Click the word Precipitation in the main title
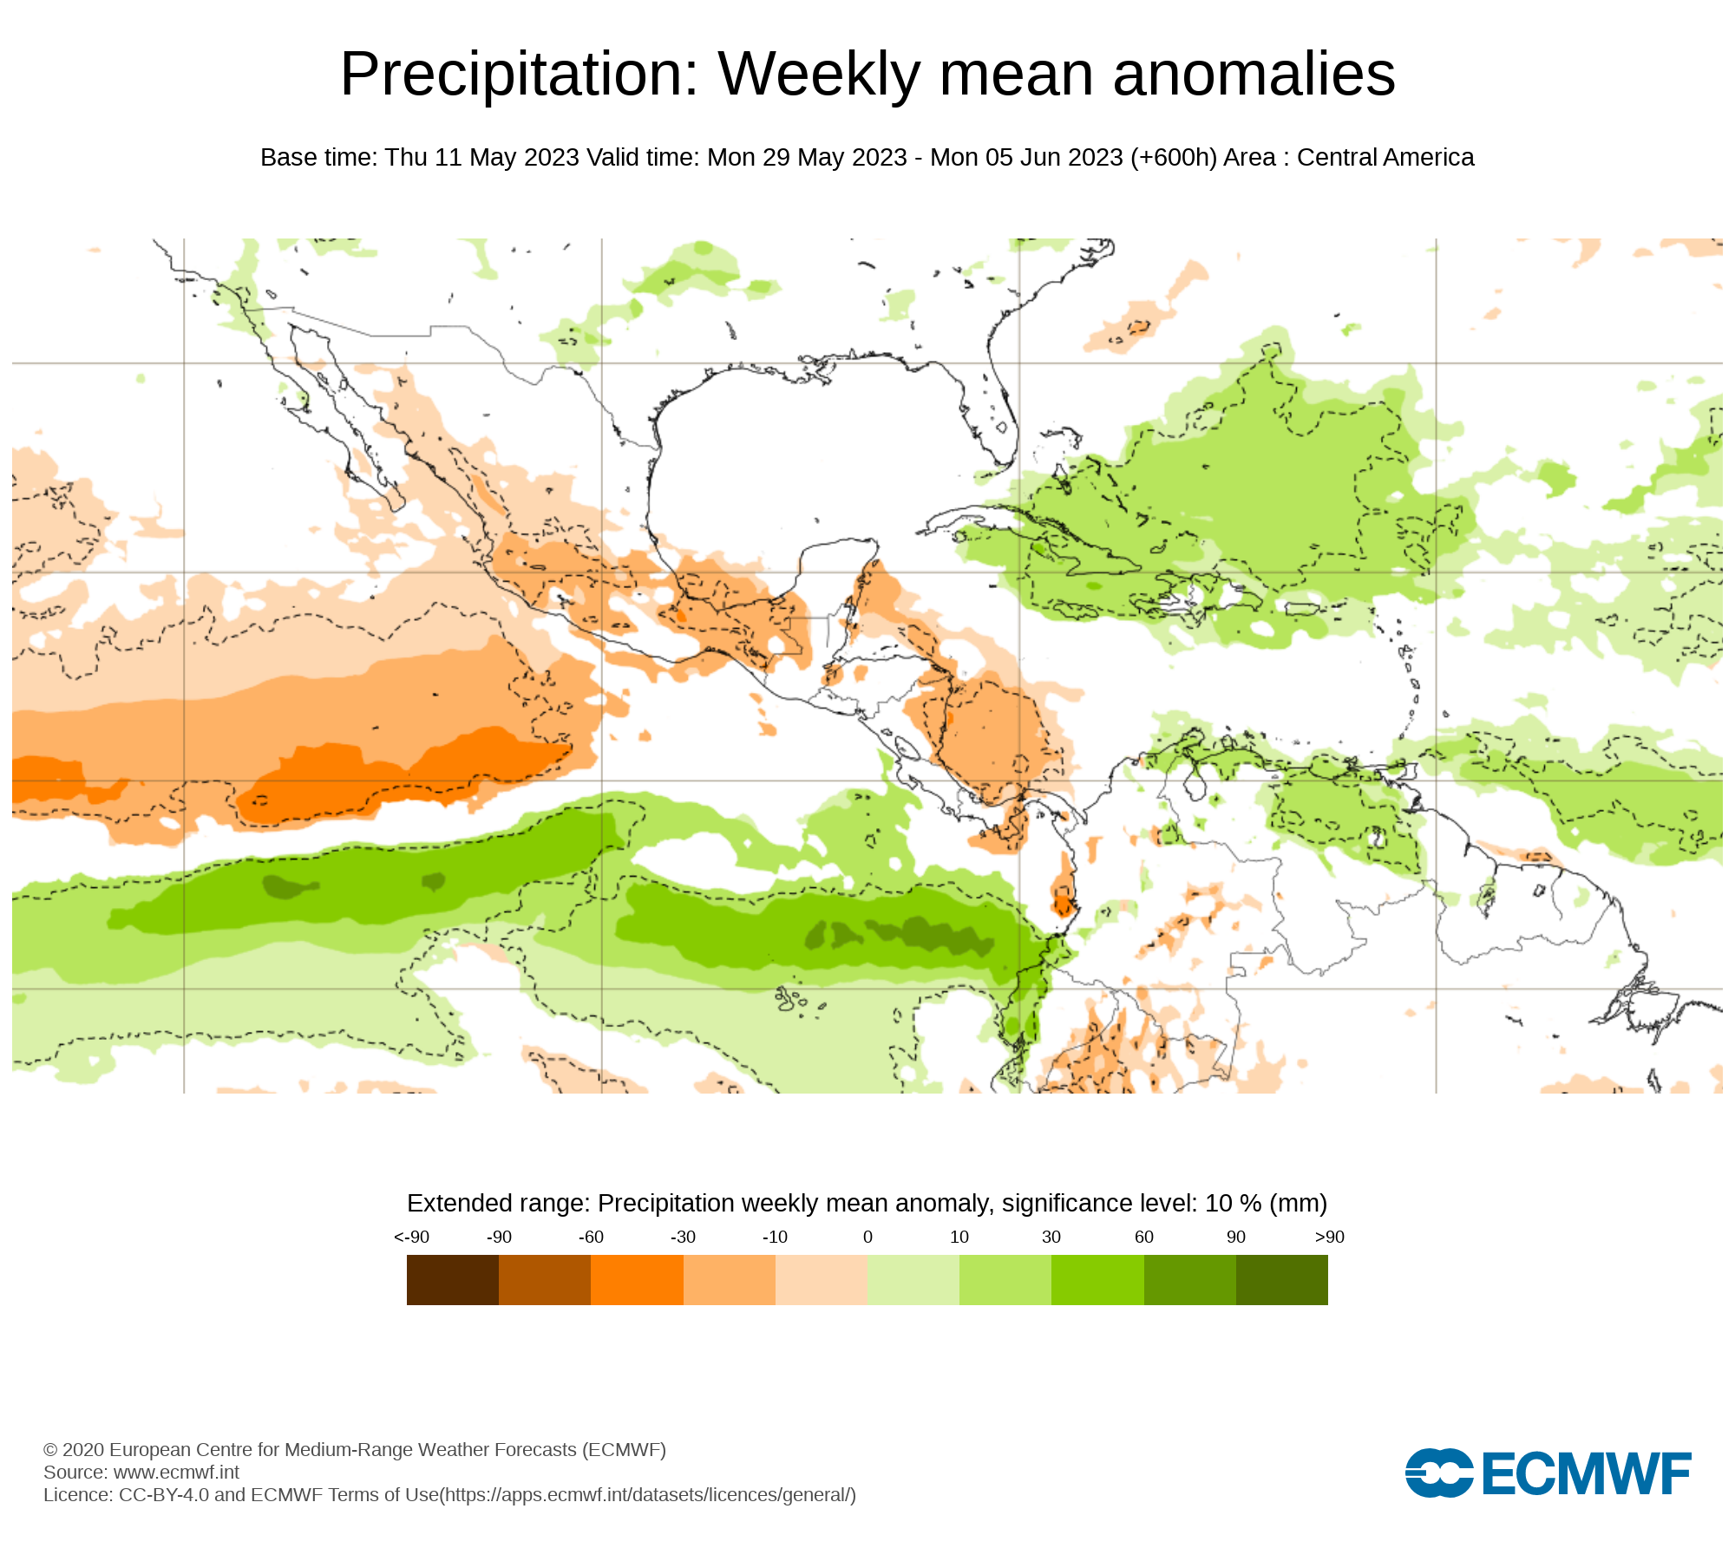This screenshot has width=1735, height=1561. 519,75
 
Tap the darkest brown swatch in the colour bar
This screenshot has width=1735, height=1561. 452,1279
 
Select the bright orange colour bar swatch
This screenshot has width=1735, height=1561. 637,1279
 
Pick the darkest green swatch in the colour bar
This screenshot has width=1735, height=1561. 1281,1279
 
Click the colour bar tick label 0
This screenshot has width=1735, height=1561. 867,1237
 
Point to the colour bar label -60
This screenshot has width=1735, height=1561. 591,1237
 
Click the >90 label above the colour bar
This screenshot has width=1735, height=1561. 1329,1237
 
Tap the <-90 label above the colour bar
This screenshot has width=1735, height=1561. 411,1237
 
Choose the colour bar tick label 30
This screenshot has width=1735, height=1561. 1051,1237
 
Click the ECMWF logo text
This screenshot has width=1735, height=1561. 1587,1473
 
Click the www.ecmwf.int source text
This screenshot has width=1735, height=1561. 176,1472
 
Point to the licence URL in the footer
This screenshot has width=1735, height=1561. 648,1494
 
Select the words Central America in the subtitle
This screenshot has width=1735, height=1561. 1385,158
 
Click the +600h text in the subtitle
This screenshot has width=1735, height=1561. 1174,158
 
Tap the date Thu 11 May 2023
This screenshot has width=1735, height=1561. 481,158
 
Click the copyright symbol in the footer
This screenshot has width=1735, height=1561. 50,1450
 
